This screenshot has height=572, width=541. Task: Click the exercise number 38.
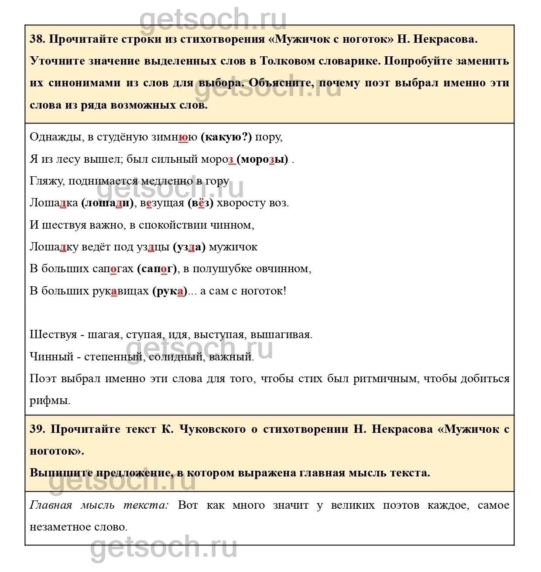click(x=37, y=39)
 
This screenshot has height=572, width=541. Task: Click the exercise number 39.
click(x=37, y=429)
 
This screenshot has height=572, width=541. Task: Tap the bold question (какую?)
click(x=226, y=137)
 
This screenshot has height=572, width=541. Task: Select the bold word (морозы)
click(x=262, y=159)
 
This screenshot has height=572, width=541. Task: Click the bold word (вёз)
click(x=201, y=203)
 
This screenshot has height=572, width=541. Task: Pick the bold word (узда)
click(x=189, y=247)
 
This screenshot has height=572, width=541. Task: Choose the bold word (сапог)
click(x=157, y=269)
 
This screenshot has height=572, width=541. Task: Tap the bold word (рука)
click(x=170, y=291)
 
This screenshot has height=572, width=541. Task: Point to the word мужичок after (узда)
click(x=233, y=247)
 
